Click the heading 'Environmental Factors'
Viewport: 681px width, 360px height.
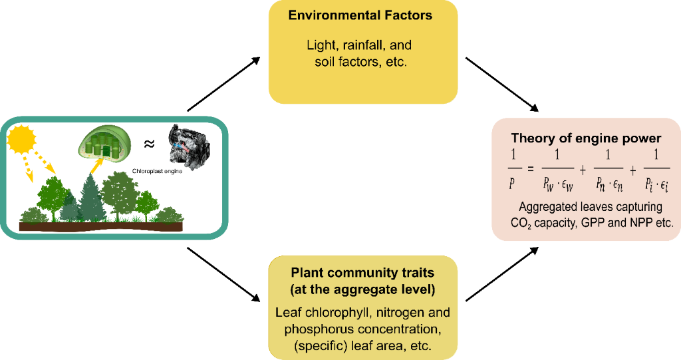[360, 15]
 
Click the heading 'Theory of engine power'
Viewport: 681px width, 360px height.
[586, 138]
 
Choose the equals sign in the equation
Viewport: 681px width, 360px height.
[530, 170]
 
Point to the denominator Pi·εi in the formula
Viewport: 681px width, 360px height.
[656, 184]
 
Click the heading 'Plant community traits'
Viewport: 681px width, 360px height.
[362, 273]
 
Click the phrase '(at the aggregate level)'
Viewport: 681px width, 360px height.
[362, 290]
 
